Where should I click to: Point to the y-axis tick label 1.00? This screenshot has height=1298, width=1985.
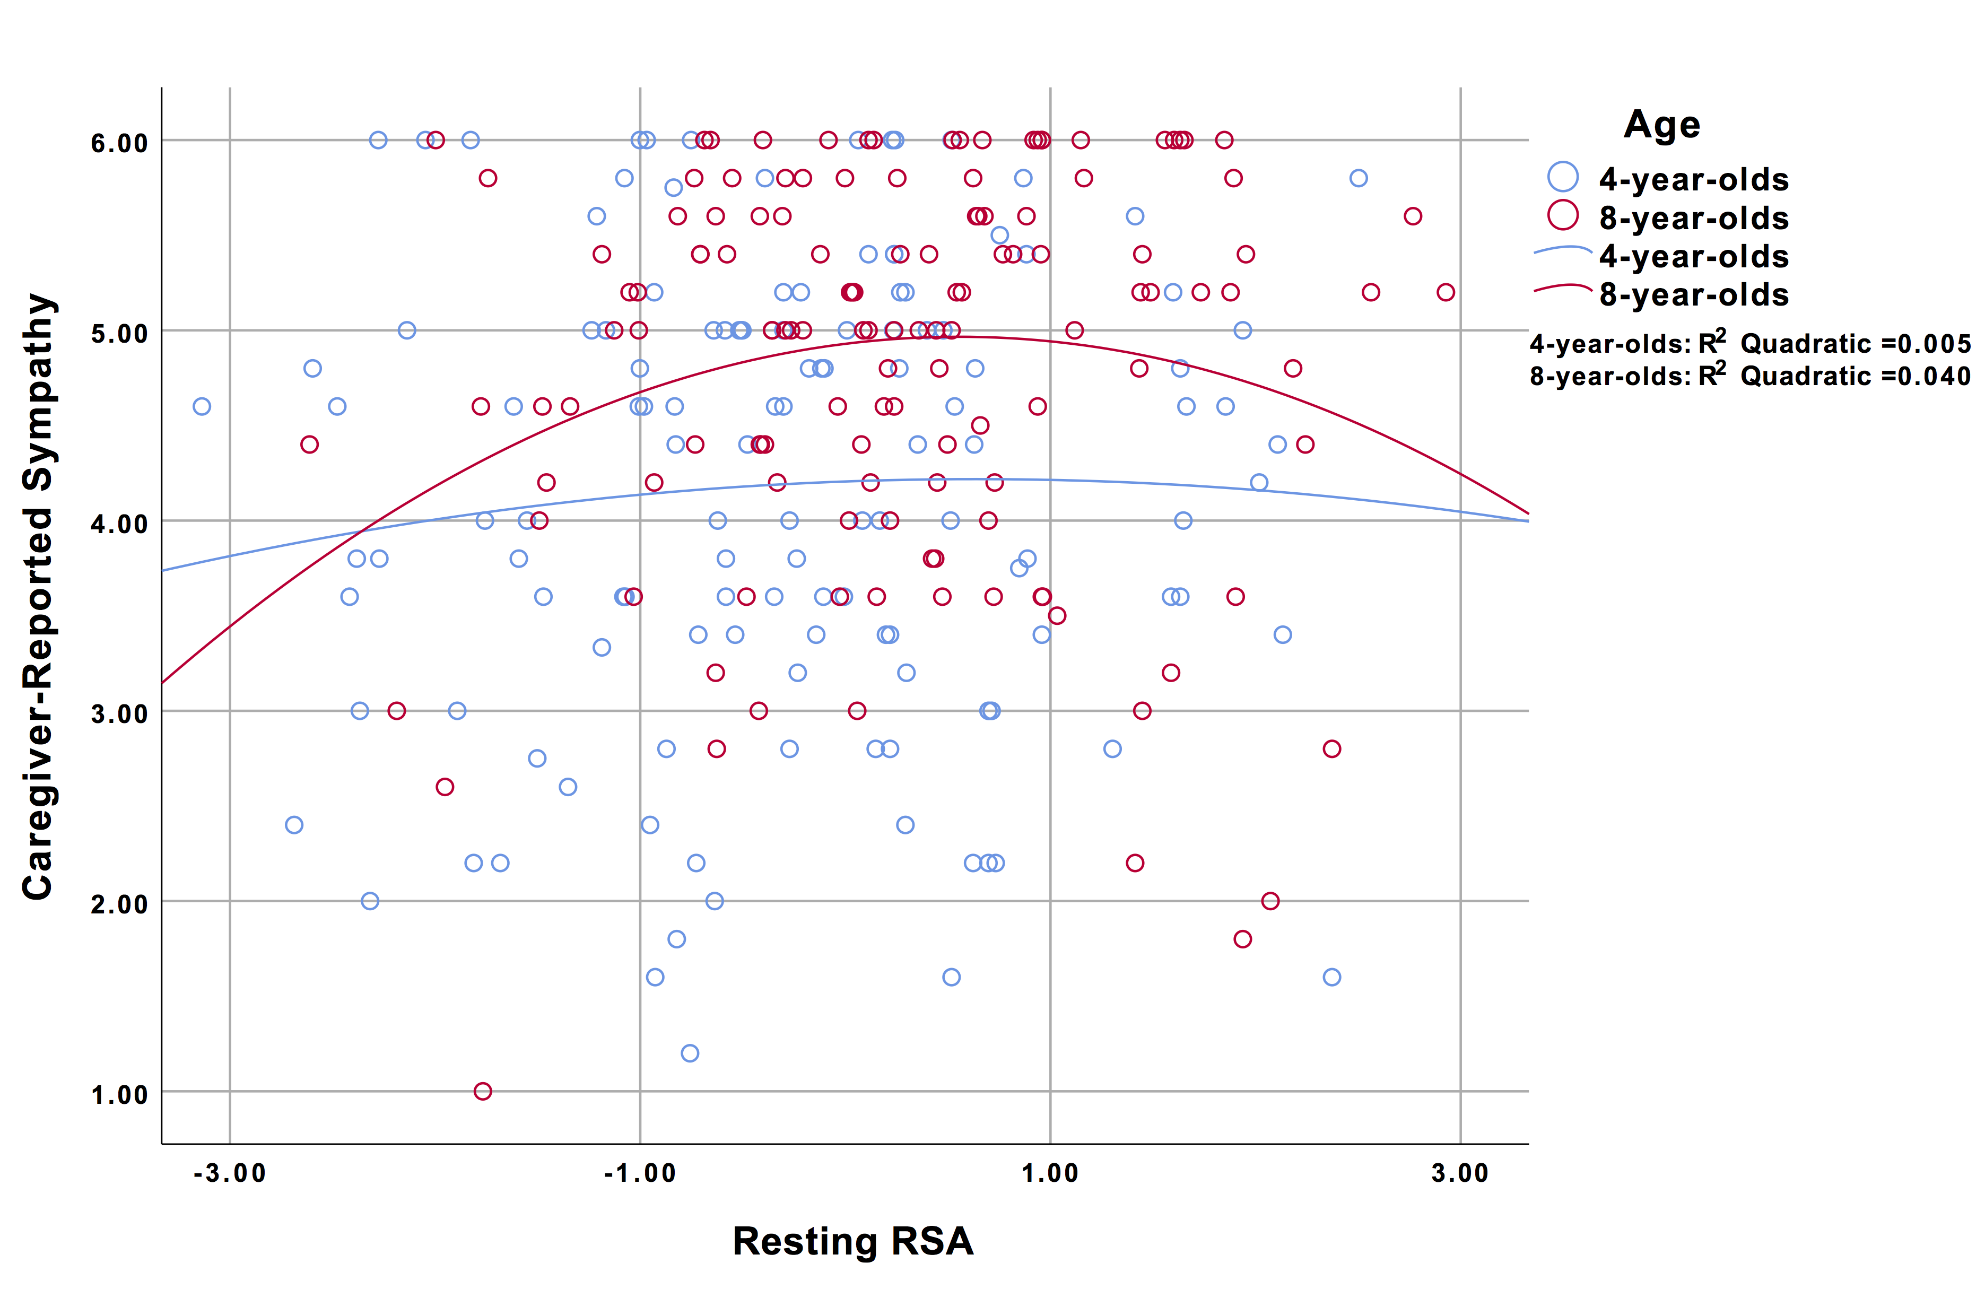point(119,1094)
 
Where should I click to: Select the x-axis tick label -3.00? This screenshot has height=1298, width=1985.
point(229,1173)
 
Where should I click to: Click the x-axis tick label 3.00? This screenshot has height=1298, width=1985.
point(1459,1173)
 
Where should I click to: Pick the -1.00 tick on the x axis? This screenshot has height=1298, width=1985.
point(640,1173)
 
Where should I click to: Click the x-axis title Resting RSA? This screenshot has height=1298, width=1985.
point(852,1241)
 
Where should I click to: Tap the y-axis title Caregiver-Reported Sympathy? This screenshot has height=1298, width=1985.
point(38,596)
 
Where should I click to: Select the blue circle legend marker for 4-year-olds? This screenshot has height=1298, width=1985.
point(1563,177)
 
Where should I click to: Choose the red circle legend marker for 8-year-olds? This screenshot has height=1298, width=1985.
point(1563,215)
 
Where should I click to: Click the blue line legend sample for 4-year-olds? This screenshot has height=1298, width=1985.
point(1563,249)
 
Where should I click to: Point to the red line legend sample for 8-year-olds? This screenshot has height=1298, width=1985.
point(1563,288)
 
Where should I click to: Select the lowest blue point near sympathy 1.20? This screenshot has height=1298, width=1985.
point(690,1053)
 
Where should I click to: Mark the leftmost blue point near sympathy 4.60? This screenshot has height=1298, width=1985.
point(202,406)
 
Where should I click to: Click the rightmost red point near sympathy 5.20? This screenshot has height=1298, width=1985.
point(1446,292)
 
